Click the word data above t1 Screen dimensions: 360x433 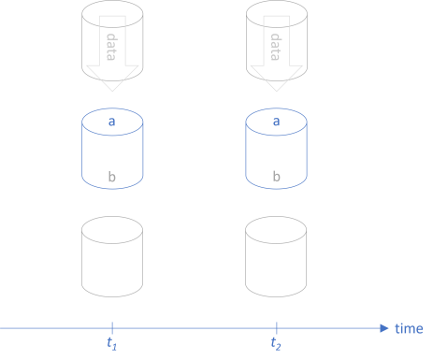point(111,47)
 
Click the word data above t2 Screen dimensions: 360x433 point(276,47)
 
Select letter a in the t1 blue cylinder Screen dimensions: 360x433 point(112,122)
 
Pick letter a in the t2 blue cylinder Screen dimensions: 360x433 point(276,122)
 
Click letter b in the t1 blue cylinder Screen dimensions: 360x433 point(112,176)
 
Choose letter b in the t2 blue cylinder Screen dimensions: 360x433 point(276,176)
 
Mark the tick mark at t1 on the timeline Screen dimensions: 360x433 point(112,327)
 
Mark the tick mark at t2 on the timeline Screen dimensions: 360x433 point(276,327)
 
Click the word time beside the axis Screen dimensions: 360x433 point(409,328)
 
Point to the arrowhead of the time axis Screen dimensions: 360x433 point(384,327)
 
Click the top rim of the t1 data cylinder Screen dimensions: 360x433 point(112,3)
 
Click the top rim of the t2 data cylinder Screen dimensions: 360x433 point(276,3)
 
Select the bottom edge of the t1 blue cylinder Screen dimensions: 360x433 point(112,188)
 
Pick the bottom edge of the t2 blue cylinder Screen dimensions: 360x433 point(276,188)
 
